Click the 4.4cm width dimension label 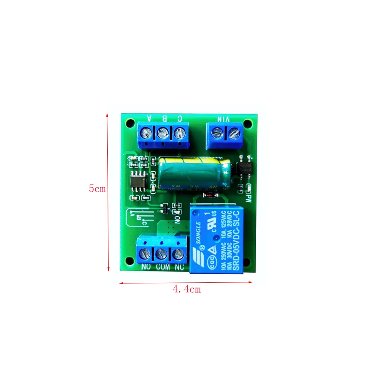coord(186,289)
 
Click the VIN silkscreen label coord(223,119)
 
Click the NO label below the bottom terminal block coord(146,267)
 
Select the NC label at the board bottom coord(179,267)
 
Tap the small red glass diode coord(208,195)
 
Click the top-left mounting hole coord(130,123)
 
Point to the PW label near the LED coord(247,198)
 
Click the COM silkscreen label coord(162,267)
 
